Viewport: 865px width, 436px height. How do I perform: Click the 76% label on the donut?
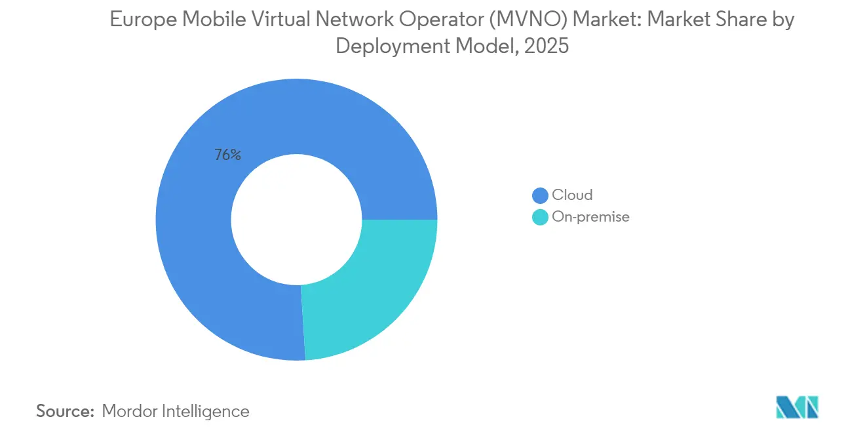(227, 155)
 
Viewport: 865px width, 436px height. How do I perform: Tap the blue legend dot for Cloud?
(540, 195)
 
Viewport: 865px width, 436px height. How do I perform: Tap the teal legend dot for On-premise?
(540, 217)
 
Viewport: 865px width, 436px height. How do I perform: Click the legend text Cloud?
(572, 195)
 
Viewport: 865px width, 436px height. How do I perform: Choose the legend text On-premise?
(590, 217)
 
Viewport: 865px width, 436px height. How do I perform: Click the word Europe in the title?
(142, 20)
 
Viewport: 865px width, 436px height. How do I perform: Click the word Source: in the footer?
(66, 412)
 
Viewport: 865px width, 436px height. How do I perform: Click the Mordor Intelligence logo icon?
(797, 407)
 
